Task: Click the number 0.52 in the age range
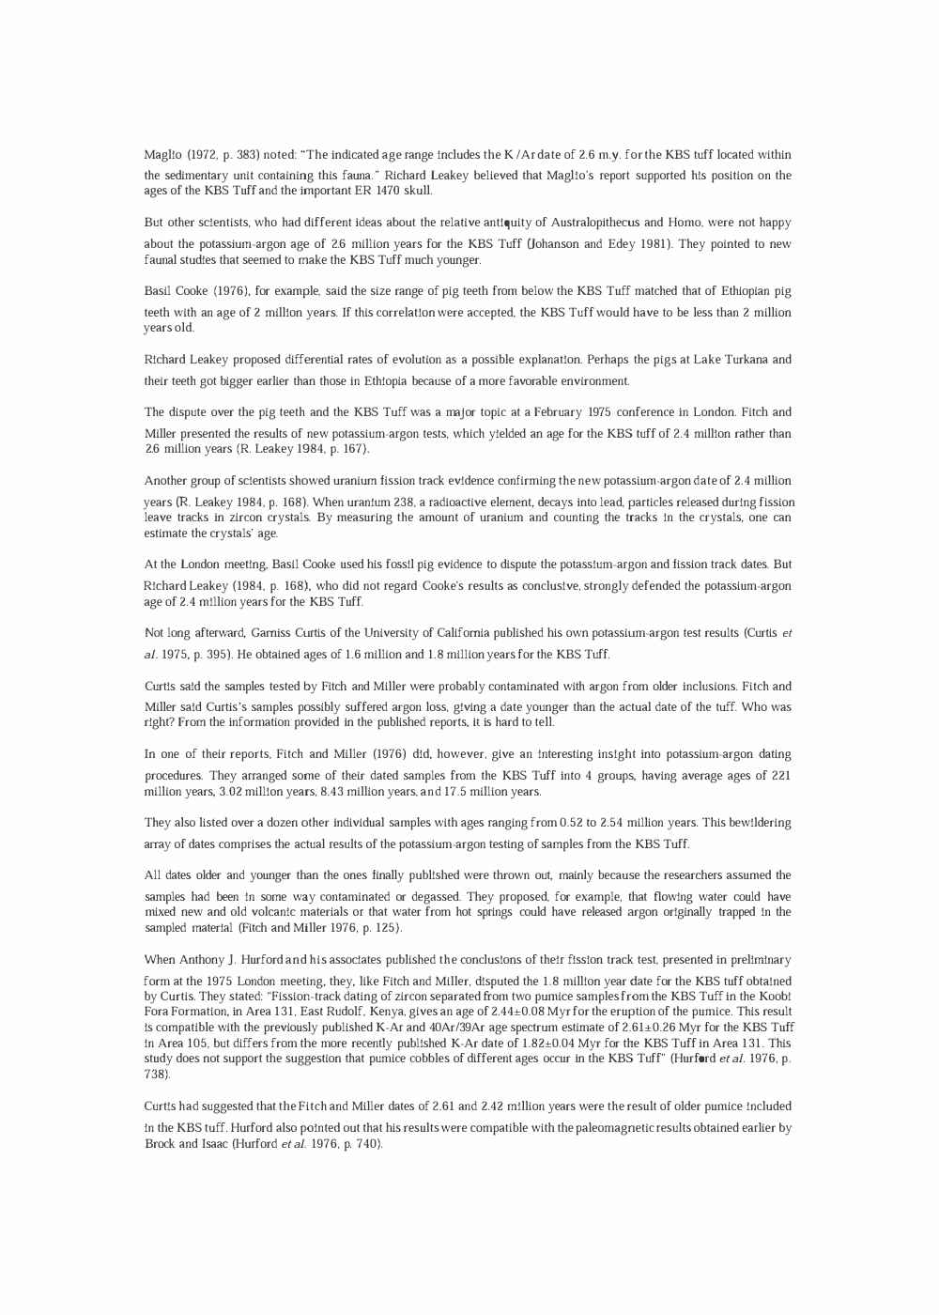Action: (574, 823)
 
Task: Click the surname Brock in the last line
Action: (162, 1144)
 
